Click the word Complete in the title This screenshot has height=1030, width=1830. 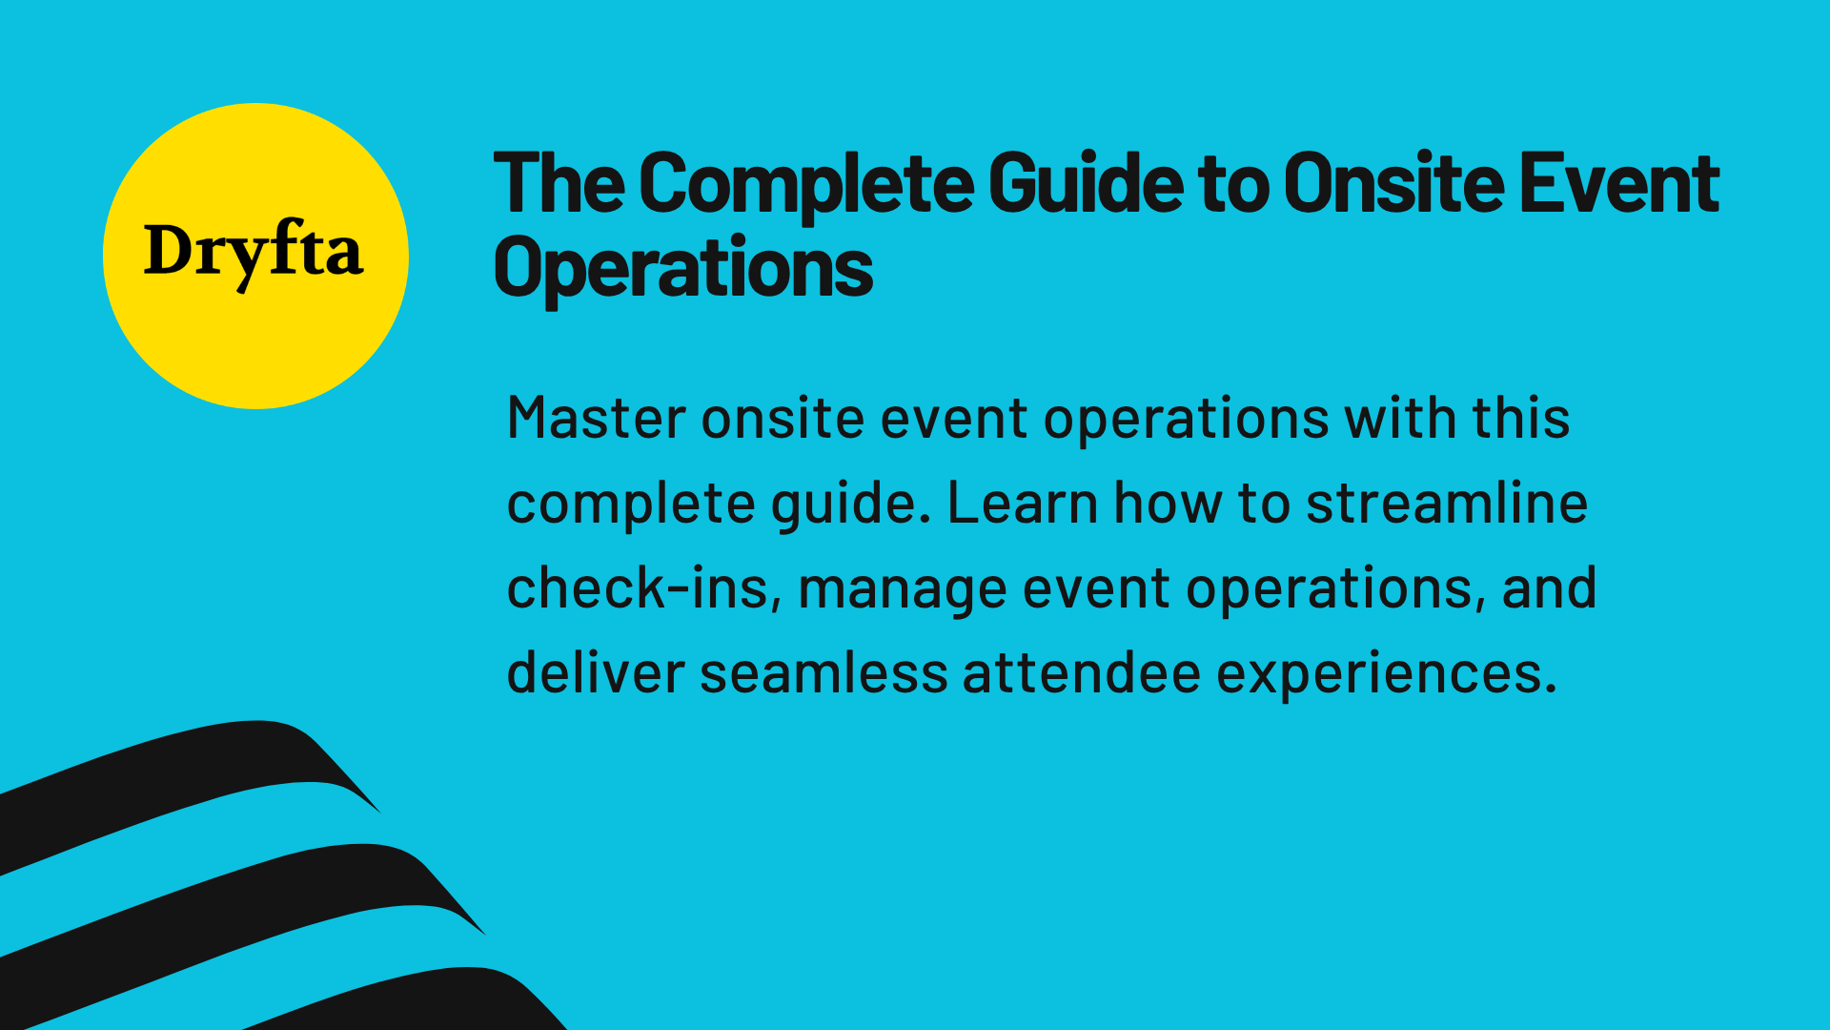pos(805,183)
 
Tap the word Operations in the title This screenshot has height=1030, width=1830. pos(682,268)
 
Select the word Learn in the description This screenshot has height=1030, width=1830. pos(1022,503)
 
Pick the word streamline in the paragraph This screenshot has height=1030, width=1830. pos(1446,503)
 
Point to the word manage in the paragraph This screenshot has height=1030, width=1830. pos(902,589)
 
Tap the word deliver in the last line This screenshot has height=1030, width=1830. pos(595,672)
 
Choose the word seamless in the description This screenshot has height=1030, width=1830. pos(823,672)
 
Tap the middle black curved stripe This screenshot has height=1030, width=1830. pos(238,901)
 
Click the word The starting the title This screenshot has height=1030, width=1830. pos(559,183)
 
